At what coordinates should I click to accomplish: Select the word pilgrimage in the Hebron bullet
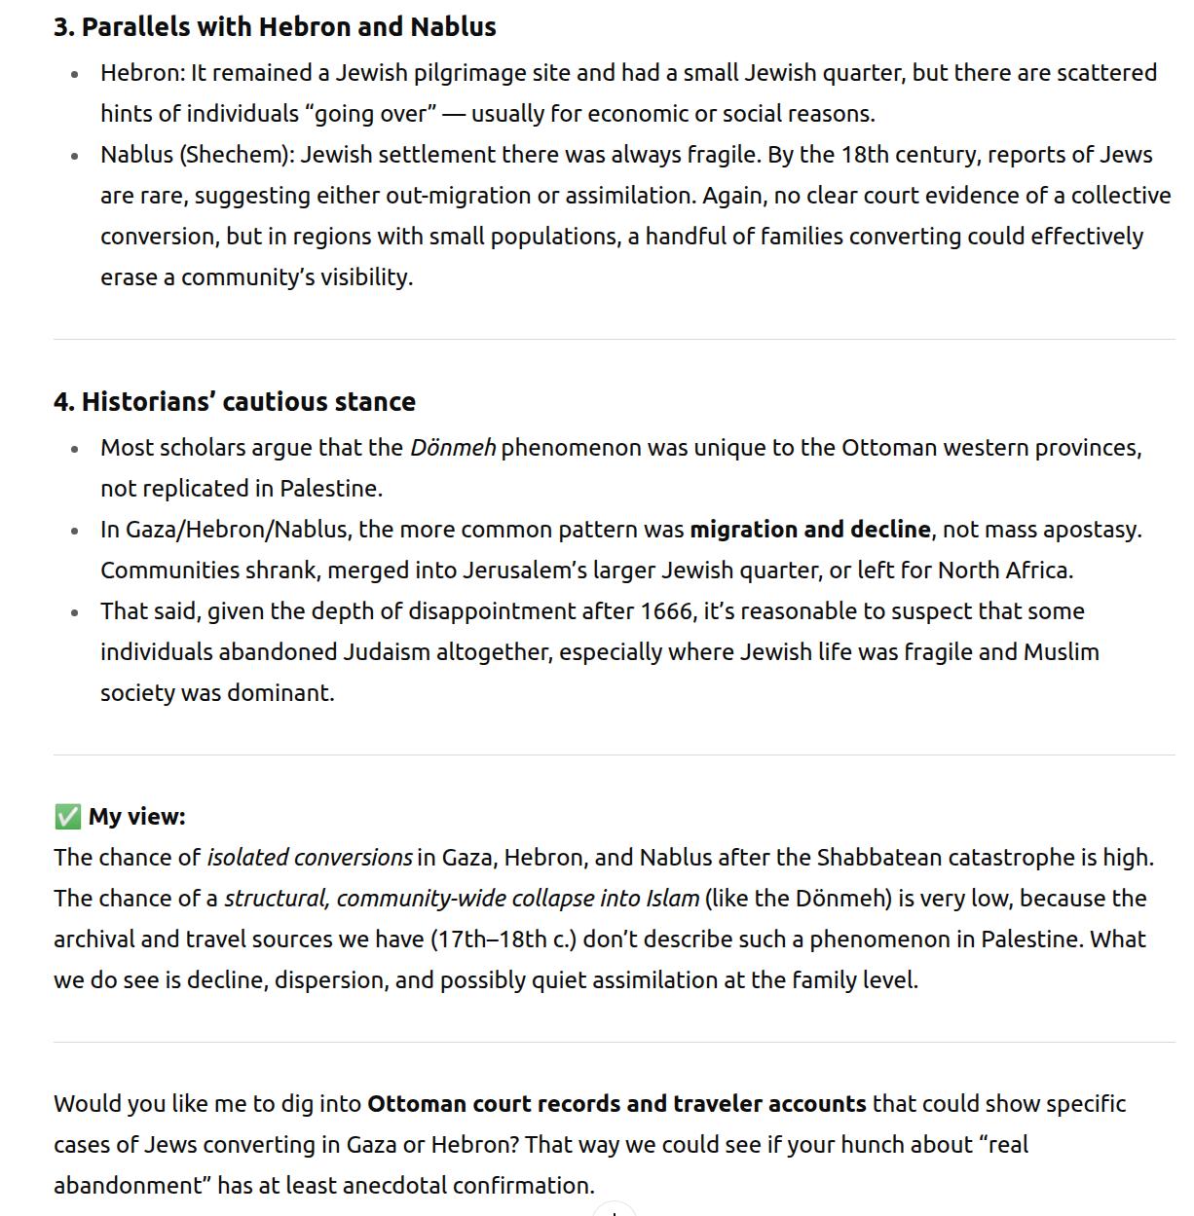pos(471,73)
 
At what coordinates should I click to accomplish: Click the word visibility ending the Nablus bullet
pos(364,277)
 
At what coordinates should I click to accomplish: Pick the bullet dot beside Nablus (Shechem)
pos(75,157)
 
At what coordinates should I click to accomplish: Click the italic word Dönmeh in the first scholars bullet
pos(453,448)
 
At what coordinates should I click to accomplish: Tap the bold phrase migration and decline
pos(809,530)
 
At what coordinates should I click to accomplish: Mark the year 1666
pos(665,611)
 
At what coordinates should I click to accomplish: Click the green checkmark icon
pos(67,817)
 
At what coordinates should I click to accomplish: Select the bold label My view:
pos(136,817)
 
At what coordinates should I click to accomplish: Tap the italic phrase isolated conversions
pos(310,858)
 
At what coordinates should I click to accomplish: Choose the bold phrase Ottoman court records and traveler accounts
pos(616,1104)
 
